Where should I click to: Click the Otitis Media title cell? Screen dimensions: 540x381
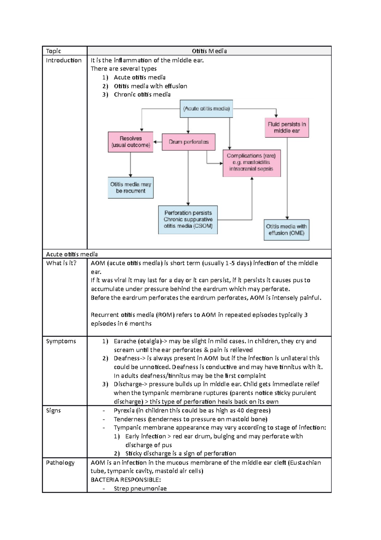click(x=209, y=51)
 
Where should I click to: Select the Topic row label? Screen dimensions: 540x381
click(x=53, y=51)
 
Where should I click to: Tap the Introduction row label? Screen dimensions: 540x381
click(x=63, y=60)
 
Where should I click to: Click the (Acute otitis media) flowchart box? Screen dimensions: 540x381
click(x=206, y=109)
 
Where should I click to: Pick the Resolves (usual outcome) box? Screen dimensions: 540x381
click(x=130, y=142)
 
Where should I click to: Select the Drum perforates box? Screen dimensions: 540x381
click(x=189, y=142)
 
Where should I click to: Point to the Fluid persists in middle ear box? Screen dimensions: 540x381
click(x=287, y=128)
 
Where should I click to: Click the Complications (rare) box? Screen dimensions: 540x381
click(x=251, y=163)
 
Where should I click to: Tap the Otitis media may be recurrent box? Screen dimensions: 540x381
click(x=130, y=188)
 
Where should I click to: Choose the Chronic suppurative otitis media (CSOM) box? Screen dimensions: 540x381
click(x=188, y=219)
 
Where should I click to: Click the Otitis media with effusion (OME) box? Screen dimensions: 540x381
click(x=286, y=230)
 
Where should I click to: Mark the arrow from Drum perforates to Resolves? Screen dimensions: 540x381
click(x=157, y=142)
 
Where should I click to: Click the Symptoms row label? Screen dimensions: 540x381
click(x=61, y=341)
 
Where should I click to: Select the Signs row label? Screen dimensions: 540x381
click(x=53, y=411)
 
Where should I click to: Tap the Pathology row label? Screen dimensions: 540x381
click(x=60, y=463)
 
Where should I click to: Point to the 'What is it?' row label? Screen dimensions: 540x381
click(x=61, y=263)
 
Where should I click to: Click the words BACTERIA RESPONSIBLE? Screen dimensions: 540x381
click(x=126, y=480)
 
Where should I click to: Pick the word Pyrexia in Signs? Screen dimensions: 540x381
click(x=124, y=411)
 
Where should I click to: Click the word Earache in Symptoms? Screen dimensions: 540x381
click(x=125, y=341)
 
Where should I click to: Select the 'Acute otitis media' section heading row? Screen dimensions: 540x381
click(x=72, y=254)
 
